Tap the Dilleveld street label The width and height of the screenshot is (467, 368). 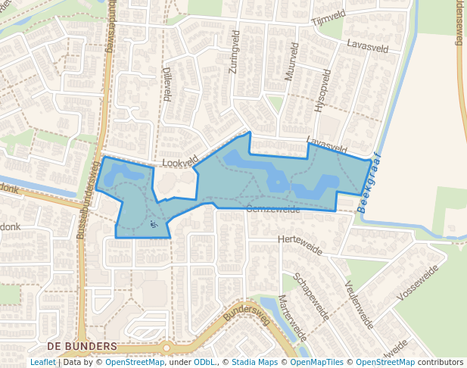coord(167,83)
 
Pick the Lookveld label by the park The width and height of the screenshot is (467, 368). coord(179,161)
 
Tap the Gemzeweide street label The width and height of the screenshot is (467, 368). coord(273,209)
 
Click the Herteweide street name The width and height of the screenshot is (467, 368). coord(300,244)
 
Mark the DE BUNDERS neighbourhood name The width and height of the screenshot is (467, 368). coord(82,346)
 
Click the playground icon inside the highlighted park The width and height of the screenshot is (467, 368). coord(154,223)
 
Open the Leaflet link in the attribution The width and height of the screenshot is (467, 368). coord(42,363)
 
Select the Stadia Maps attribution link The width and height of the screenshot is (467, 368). coord(254,363)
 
